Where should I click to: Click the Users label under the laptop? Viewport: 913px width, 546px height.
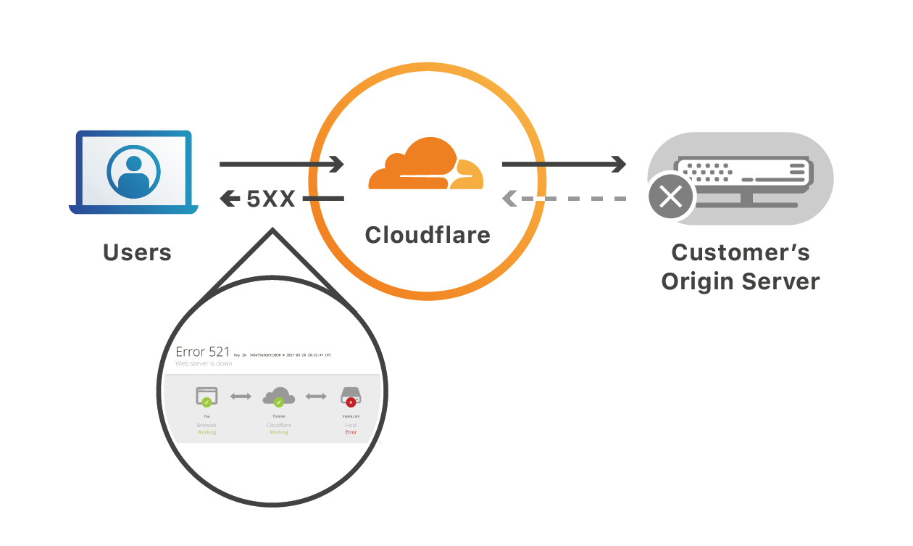pyautogui.click(x=137, y=252)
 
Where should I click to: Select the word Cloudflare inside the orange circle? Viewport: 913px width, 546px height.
pyautogui.click(x=428, y=235)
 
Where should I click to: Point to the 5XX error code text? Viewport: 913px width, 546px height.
pyautogui.click(x=271, y=199)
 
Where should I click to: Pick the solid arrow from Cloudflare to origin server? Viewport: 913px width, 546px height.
pyautogui.click(x=563, y=165)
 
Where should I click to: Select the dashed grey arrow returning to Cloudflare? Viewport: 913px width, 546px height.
pyautogui.click(x=563, y=198)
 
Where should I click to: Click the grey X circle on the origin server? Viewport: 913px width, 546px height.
pyautogui.click(x=671, y=196)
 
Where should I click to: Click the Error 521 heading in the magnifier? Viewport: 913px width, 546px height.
pyautogui.click(x=203, y=352)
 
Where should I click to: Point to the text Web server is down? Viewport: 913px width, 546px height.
pyautogui.click(x=204, y=364)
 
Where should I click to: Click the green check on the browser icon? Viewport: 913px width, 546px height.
pyautogui.click(x=207, y=401)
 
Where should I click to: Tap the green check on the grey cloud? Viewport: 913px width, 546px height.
pyautogui.click(x=279, y=402)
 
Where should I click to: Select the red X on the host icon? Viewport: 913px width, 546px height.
pyautogui.click(x=351, y=402)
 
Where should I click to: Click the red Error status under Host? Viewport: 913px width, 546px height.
pyautogui.click(x=351, y=432)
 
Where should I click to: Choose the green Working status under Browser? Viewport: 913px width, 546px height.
pyautogui.click(x=207, y=432)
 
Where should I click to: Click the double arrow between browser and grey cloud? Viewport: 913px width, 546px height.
pyautogui.click(x=241, y=396)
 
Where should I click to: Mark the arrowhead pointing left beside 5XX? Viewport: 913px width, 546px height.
pyautogui.click(x=230, y=198)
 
